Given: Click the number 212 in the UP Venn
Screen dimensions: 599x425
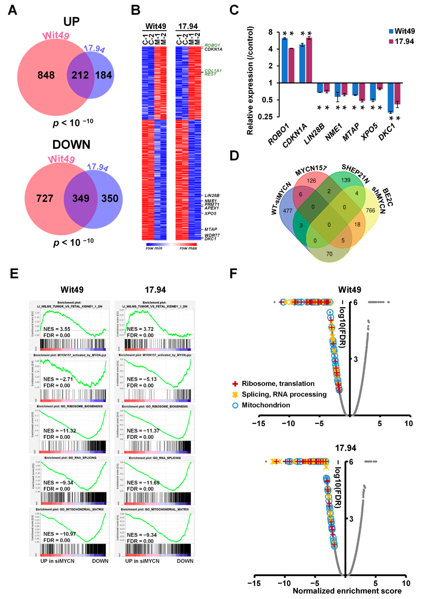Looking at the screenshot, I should [80, 75].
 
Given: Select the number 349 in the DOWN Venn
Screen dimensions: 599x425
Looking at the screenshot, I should [81, 198].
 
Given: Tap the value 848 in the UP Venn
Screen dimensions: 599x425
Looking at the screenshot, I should [46, 75].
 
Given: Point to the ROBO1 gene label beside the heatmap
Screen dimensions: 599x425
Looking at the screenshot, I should [212, 45].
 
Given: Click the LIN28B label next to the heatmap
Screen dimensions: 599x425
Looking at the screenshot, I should [212, 196].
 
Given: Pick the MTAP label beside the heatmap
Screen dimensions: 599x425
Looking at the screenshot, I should [211, 229].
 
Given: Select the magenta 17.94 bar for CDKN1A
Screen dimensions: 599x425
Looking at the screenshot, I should [309, 60].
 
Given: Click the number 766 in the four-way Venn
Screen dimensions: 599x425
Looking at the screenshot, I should [370, 211].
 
